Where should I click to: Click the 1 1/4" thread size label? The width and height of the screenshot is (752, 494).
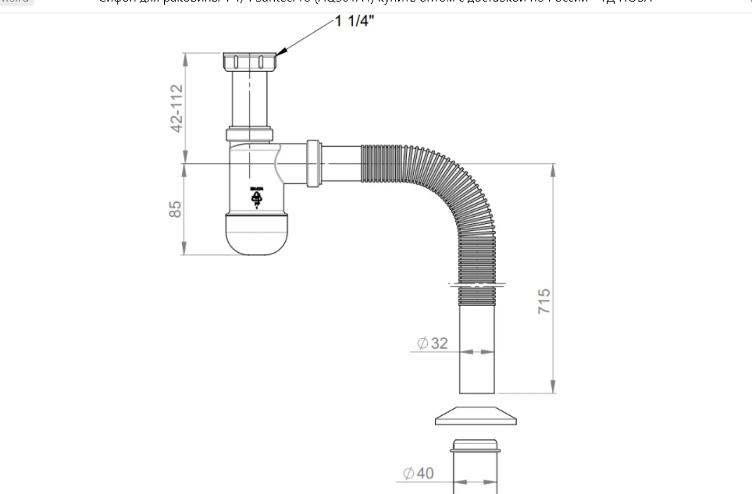tap(355, 21)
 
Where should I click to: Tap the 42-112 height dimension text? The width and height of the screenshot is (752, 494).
tap(177, 108)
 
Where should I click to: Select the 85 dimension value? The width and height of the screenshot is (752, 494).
tap(176, 209)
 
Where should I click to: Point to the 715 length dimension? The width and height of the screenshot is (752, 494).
tap(544, 301)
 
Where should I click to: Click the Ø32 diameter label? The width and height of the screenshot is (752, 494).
tap(433, 343)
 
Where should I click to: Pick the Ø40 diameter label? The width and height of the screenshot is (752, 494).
tap(418, 473)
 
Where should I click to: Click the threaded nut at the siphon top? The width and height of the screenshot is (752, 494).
tap(250, 62)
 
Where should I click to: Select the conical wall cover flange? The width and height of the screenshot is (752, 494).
tap(476, 416)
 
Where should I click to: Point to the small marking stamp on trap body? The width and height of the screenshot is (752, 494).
tap(256, 197)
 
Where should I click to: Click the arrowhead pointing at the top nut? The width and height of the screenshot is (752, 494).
tap(282, 52)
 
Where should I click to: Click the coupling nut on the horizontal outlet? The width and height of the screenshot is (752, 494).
tap(313, 163)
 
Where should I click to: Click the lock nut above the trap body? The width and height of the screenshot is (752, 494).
tap(250, 133)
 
